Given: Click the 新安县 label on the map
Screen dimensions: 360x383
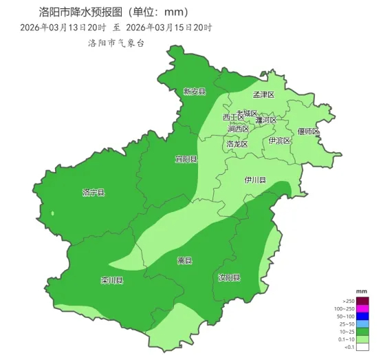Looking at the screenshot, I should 194,92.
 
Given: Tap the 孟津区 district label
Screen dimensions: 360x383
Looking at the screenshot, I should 263,95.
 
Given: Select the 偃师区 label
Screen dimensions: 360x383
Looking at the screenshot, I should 308,131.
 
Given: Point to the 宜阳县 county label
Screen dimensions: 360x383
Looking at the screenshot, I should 185,159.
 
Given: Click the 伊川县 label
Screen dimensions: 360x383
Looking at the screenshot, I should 255,180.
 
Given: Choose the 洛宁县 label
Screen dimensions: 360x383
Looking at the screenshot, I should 93,193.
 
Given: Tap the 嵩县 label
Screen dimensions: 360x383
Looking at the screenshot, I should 184,260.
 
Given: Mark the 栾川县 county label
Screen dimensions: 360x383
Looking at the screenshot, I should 111,281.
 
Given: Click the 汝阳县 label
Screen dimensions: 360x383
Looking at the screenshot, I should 229,277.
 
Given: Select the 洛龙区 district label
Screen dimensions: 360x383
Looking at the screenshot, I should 237,145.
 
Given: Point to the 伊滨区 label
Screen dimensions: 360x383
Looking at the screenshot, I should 279,140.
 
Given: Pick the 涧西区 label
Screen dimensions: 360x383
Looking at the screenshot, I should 238,129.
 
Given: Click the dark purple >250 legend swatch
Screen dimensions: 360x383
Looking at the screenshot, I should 362,301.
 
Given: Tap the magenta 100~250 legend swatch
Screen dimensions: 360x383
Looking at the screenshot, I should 362,309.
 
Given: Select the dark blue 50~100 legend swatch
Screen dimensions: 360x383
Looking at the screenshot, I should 362,317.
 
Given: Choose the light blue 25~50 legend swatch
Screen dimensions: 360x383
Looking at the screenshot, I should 362,324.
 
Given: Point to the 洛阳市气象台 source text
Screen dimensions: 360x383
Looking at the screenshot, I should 116,43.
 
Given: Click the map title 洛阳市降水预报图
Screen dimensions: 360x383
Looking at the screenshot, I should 76,12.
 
